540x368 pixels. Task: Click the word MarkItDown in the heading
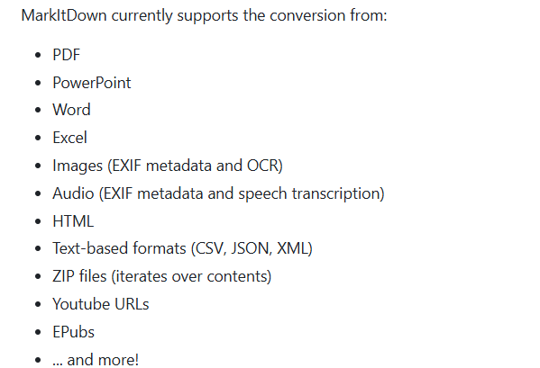[64, 15]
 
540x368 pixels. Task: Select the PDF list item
[66, 55]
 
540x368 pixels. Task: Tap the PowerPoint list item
[92, 83]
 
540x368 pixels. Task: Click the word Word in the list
[71, 110]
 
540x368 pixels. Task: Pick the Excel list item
[69, 138]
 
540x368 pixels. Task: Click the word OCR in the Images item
[264, 166]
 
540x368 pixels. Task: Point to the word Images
[78, 166]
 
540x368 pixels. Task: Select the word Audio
[73, 193]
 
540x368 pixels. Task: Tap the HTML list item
[73, 221]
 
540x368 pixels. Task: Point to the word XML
[294, 248]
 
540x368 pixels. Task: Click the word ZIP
[63, 276]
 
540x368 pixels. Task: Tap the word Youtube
[81, 304]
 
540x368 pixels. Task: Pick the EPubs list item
[73, 332]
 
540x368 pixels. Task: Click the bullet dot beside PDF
[38, 55]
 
